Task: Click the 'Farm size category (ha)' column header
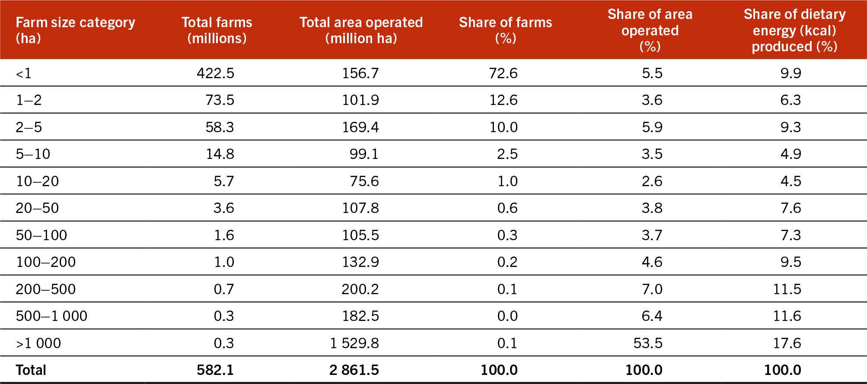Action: (x=75, y=30)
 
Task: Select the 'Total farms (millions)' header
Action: (x=217, y=30)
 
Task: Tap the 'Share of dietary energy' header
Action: (x=794, y=30)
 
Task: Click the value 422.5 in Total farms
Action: (x=215, y=73)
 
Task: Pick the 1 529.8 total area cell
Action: (x=354, y=343)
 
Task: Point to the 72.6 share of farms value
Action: (x=503, y=73)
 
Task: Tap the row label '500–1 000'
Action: (x=51, y=316)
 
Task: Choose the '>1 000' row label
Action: (x=38, y=343)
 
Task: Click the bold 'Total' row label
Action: (x=31, y=370)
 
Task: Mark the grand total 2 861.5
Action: (x=354, y=370)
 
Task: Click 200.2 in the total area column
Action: (x=360, y=289)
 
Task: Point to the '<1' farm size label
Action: (x=23, y=73)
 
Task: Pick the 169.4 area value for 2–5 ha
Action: (x=360, y=127)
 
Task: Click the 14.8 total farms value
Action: (x=220, y=154)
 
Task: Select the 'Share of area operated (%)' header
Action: (x=650, y=30)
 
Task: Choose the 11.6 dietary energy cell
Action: (x=787, y=316)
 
